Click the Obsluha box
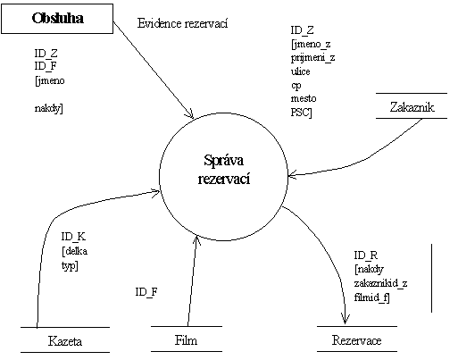[57, 19]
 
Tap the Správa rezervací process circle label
[224, 169]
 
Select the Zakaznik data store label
[412, 107]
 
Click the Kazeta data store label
[65, 341]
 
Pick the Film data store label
[186, 340]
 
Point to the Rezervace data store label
[356, 340]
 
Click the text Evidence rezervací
[182, 23]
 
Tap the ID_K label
[73, 237]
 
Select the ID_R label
[366, 255]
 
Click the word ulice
[300, 71]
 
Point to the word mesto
[304, 98]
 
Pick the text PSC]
[301, 113]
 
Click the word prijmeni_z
[312, 57]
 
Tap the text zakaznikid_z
[380, 283]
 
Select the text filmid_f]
[371, 297]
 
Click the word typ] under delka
[70, 265]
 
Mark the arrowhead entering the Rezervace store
[345, 320]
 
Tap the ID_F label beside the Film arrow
[146, 292]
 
